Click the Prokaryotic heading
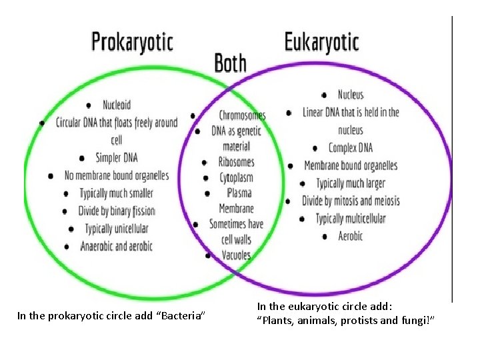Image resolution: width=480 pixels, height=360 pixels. (x=132, y=41)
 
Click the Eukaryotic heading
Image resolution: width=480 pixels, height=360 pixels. (x=321, y=42)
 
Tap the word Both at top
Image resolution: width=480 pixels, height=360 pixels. (x=231, y=64)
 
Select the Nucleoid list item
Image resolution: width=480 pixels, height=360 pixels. (x=117, y=105)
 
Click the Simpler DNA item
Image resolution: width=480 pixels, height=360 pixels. (x=117, y=158)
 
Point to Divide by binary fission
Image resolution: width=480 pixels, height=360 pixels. (x=117, y=211)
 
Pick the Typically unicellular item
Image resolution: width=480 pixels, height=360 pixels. (x=117, y=229)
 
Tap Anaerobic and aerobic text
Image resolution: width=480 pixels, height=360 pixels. (x=116, y=246)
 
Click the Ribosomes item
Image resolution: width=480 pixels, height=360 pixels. (x=237, y=162)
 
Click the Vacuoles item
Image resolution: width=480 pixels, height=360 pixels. (x=236, y=255)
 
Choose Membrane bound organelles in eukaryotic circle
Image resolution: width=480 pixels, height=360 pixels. (x=351, y=165)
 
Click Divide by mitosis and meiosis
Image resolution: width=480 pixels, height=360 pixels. (x=351, y=201)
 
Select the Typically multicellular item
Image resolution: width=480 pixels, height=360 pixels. (x=351, y=219)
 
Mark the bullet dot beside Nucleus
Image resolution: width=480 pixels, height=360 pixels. (x=324, y=95)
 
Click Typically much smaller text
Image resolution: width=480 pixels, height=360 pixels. (x=117, y=193)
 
